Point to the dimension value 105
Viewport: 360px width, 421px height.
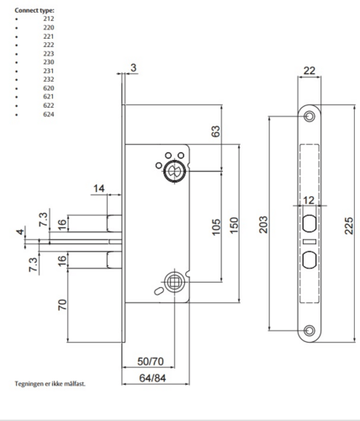(215, 226)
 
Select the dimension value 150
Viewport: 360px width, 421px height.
(235, 226)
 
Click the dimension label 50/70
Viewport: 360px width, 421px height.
(151, 361)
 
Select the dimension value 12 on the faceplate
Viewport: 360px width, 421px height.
(309, 200)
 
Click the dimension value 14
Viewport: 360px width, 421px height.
(99, 189)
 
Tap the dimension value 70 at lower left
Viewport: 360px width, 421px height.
(62, 304)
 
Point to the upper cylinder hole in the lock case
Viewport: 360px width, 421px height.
(175, 170)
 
